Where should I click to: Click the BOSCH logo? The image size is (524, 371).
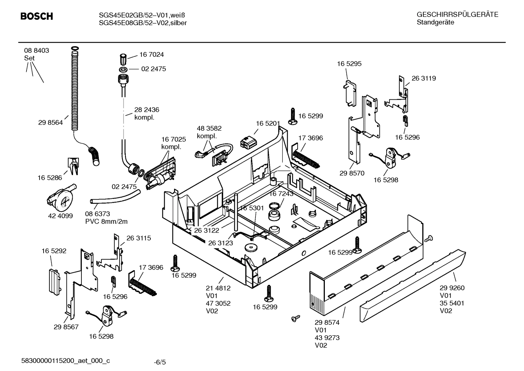[36, 16]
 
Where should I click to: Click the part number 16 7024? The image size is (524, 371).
[152, 55]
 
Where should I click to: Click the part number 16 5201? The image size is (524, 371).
[267, 123]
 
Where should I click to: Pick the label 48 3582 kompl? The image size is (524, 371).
[209, 132]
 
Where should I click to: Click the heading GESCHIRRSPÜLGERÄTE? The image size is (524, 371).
[457, 15]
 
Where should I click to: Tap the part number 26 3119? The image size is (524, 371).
[423, 78]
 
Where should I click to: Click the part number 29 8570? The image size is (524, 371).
[352, 173]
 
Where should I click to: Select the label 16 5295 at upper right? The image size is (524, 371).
[349, 64]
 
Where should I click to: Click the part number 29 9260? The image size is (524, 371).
[452, 288]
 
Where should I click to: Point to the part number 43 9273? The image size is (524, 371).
[327, 338]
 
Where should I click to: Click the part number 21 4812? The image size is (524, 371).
[218, 288]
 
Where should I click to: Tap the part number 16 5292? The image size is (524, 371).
[54, 251]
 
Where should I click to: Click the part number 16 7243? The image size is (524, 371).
[281, 194]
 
